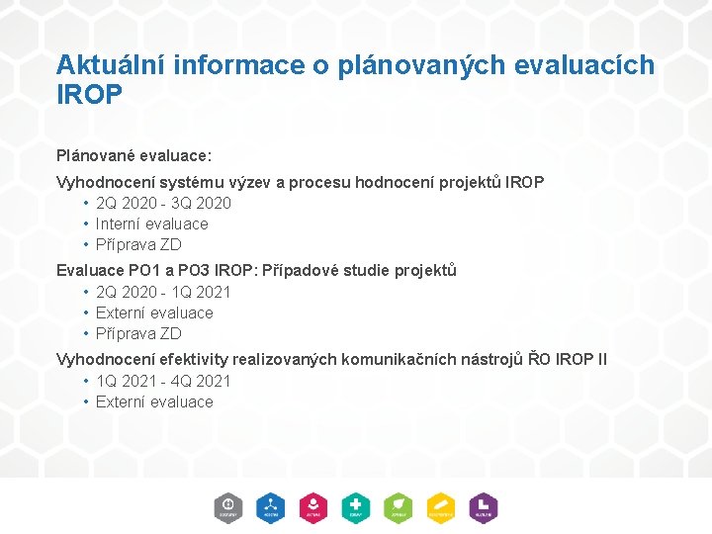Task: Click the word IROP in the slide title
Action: click(89, 94)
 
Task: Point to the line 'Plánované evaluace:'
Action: click(133, 156)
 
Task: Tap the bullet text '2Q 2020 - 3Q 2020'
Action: click(163, 203)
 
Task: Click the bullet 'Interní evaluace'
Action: click(151, 223)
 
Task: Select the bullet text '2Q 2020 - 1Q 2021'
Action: click(163, 292)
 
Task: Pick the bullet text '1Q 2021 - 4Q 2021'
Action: click(163, 381)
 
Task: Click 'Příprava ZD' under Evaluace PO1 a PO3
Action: click(138, 333)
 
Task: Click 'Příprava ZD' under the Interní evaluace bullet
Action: click(138, 244)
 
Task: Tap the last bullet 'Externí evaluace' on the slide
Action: click(154, 401)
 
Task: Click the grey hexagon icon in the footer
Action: click(228, 507)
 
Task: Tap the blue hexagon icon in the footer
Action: click(271, 507)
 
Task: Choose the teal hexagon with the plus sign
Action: click(356, 507)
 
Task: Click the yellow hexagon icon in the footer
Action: click(441, 507)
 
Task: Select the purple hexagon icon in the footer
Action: click(483, 507)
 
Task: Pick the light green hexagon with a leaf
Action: click(399, 507)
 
